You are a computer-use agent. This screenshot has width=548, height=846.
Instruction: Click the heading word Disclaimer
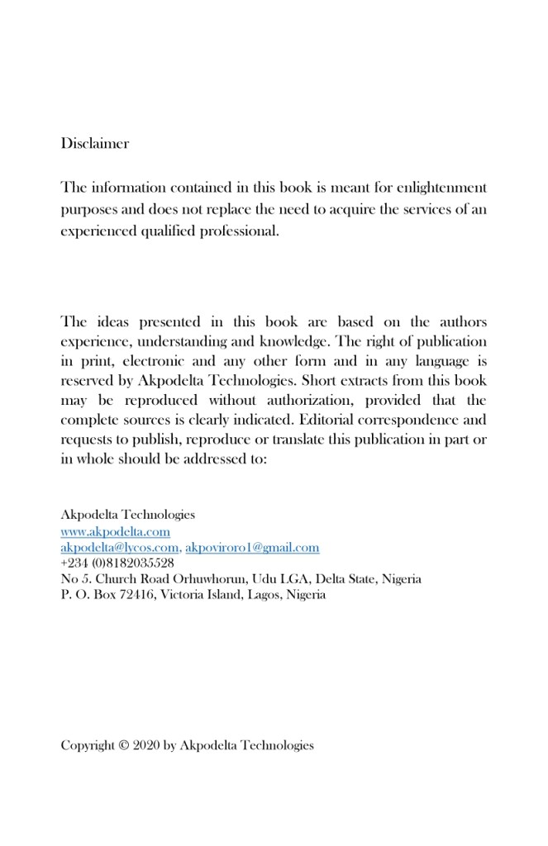pos(94,144)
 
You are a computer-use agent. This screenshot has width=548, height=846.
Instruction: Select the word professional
pos(239,231)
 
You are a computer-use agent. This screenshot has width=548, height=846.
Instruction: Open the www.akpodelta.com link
pos(115,532)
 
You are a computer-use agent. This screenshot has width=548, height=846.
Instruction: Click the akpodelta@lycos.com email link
pos(119,548)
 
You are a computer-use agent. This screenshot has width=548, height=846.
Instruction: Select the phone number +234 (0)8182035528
pos(117,563)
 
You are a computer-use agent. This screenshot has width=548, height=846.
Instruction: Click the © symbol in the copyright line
pos(124,745)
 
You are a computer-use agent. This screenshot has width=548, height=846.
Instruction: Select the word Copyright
pos(88,745)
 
